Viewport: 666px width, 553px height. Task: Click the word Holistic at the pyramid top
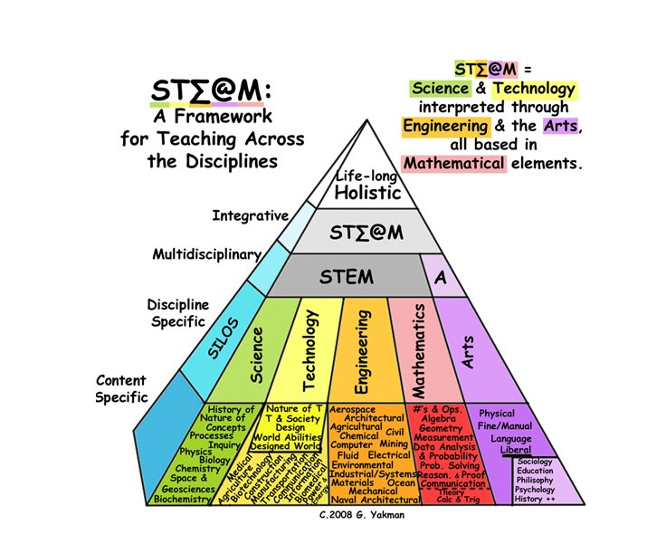[367, 193]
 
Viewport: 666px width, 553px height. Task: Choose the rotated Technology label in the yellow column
[309, 344]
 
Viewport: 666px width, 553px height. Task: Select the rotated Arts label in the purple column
[468, 350]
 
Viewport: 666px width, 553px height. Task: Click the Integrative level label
[250, 215]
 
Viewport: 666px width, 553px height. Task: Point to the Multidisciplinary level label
[206, 254]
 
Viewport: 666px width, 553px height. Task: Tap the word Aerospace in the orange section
[352, 410]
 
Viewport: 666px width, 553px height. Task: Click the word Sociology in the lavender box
[535, 462]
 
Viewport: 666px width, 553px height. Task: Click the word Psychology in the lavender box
[535, 489]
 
